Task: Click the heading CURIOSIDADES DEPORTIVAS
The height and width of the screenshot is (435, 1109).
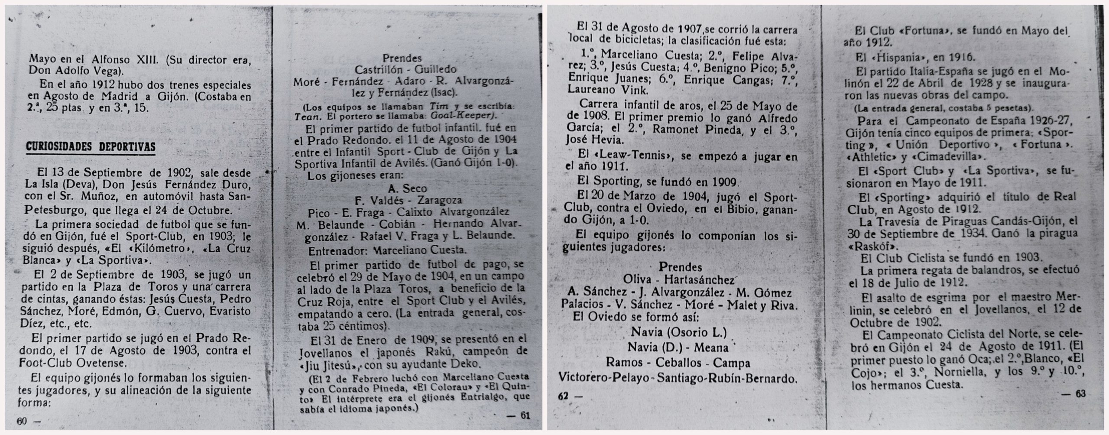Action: (x=91, y=147)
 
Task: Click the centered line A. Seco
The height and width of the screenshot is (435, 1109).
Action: (x=409, y=188)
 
